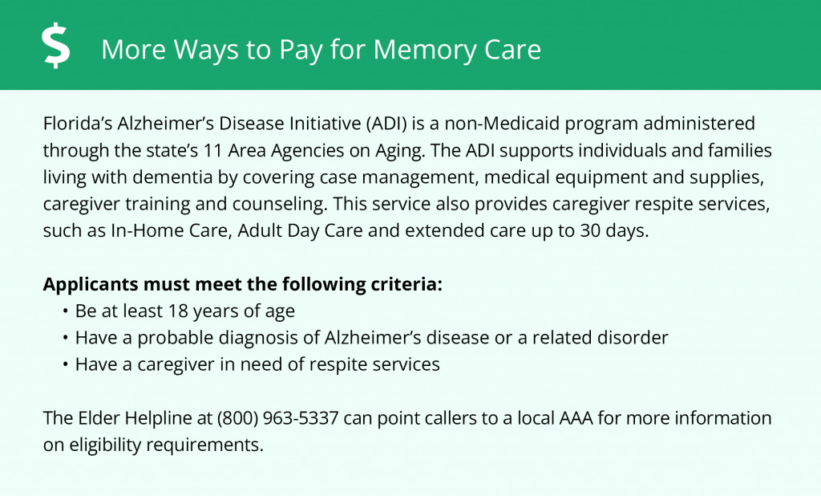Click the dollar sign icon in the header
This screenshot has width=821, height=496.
56,47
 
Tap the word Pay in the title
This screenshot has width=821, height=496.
301,50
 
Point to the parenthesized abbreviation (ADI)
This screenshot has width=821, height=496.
386,124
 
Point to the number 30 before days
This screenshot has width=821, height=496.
589,230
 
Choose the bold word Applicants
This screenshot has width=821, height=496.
91,285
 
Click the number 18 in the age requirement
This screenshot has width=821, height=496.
177,311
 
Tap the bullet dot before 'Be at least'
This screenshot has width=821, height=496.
65,311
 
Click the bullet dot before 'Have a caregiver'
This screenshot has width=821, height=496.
65,365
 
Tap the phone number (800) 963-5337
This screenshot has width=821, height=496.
277,418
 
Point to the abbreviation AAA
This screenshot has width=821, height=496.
576,418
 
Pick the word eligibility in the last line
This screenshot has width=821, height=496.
105,445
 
